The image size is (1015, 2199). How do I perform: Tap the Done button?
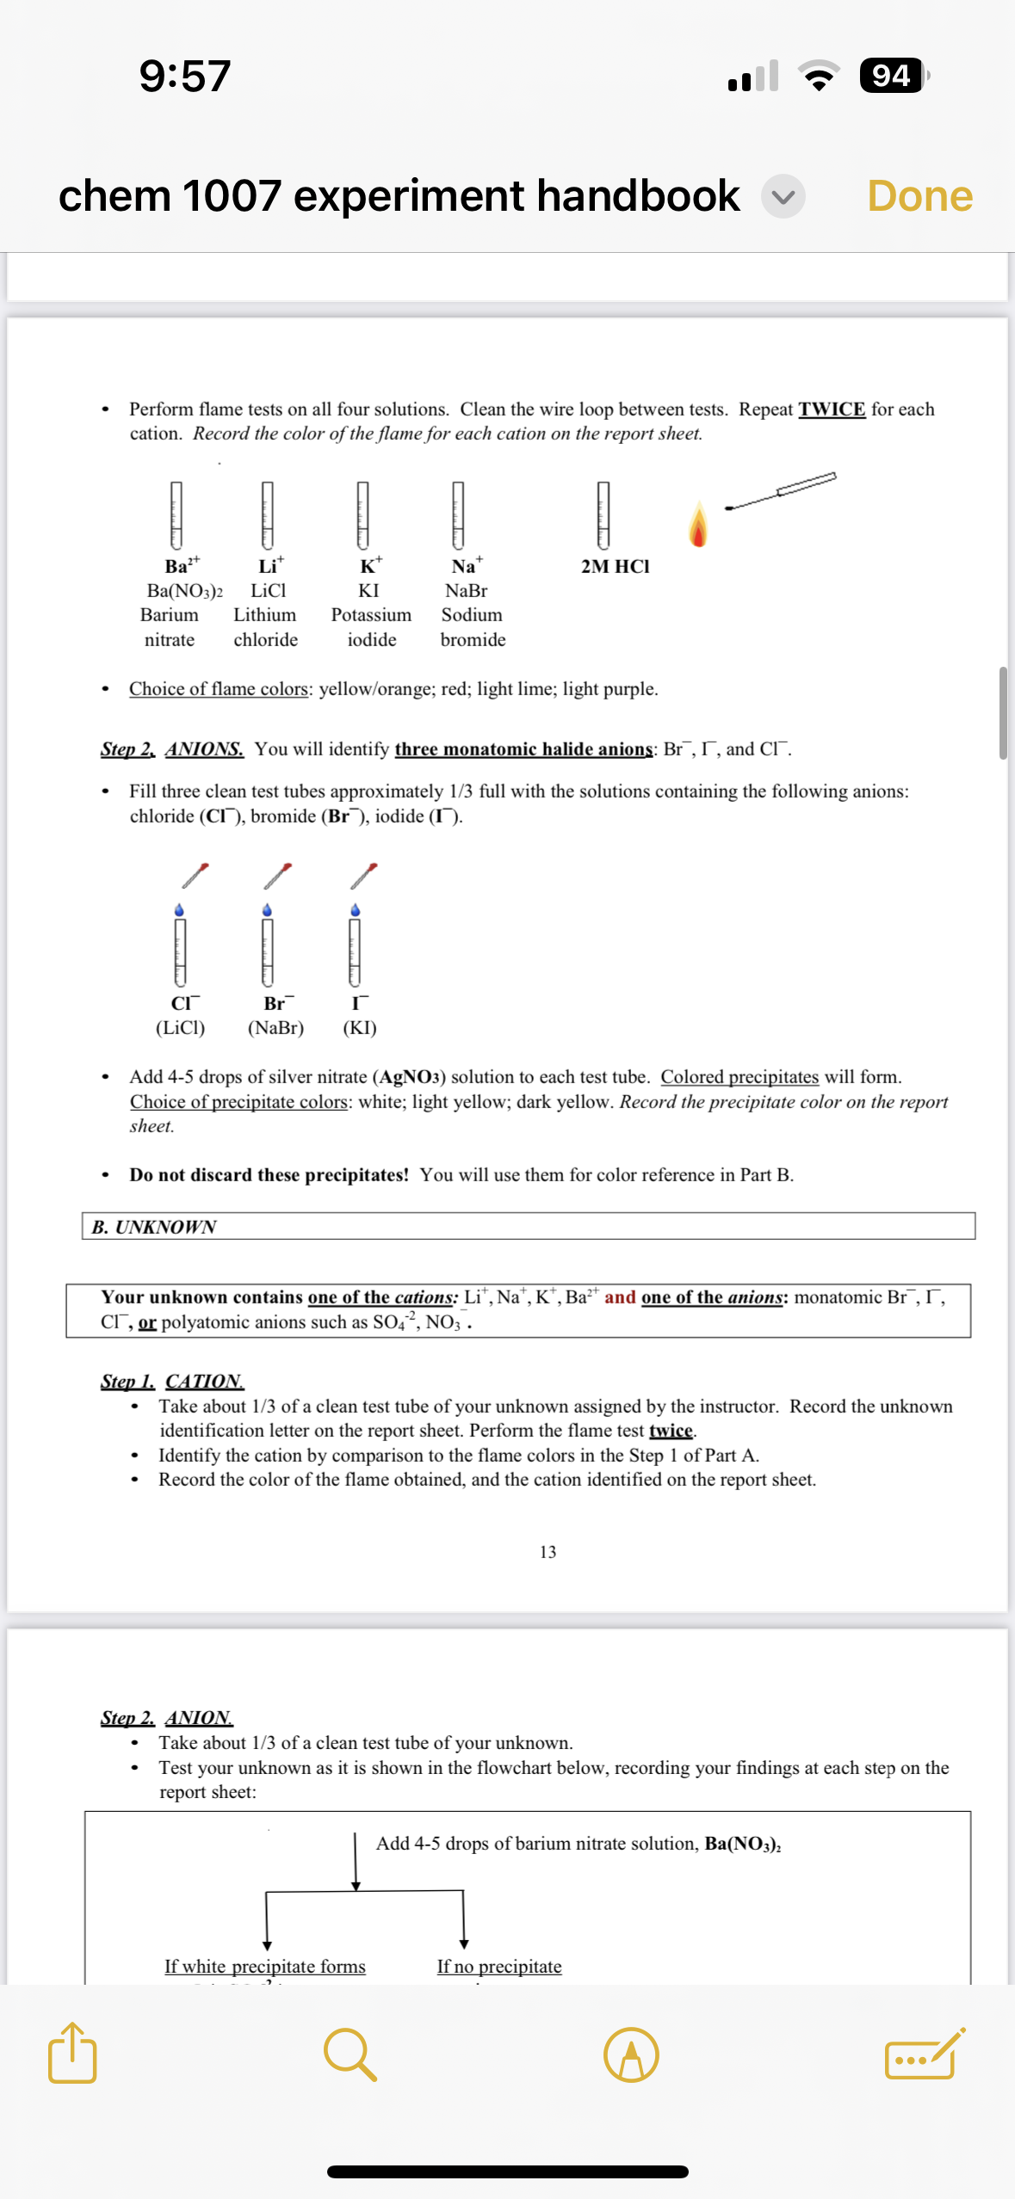pos(919,196)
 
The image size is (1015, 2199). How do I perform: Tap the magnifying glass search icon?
pos(350,2054)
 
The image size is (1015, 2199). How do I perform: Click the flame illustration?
pos(698,526)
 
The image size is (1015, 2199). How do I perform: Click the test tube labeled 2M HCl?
pos(603,514)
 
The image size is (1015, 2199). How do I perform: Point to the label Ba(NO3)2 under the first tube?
pos(184,591)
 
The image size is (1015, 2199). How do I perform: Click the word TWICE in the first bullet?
pos(831,410)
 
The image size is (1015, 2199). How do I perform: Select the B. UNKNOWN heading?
pos(155,1227)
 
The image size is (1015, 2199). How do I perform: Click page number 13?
pos(548,1552)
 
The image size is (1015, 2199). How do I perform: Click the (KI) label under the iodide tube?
pos(360,1028)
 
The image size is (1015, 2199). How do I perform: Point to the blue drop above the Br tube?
pos(267,910)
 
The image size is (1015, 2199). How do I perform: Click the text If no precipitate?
pos(499,1967)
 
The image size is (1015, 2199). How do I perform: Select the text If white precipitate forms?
pos(265,1967)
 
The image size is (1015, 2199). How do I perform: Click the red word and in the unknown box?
pos(620,1297)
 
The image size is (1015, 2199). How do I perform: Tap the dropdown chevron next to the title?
pos(783,197)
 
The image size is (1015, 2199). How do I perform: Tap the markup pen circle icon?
pos(631,2054)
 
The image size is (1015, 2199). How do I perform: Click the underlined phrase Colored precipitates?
pos(740,1077)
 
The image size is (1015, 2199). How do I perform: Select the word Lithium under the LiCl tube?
pos(265,615)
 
